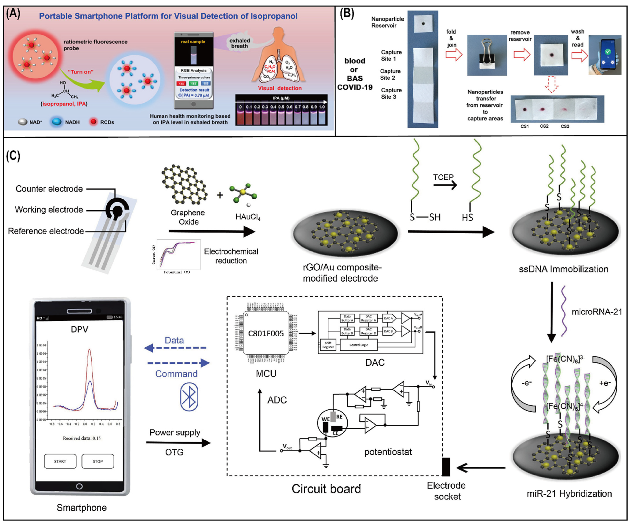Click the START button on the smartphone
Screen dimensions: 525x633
tap(60, 461)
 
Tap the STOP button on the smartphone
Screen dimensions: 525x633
tap(98, 461)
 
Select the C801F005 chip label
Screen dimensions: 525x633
tap(266, 333)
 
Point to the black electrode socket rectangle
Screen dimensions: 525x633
tap(446, 467)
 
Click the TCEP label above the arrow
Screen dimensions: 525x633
tap(443, 177)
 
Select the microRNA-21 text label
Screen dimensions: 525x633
tap(597, 312)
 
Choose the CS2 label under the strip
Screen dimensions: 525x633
tap(544, 126)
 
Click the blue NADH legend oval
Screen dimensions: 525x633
tap(56, 122)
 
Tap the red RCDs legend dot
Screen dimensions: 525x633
tap(94, 122)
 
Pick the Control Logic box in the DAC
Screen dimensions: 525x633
tap(358, 345)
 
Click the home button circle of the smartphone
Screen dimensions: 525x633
tap(79, 486)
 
